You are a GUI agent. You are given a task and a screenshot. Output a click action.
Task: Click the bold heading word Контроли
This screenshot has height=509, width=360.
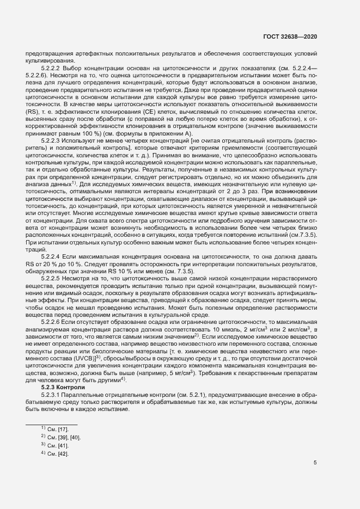(72, 388)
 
